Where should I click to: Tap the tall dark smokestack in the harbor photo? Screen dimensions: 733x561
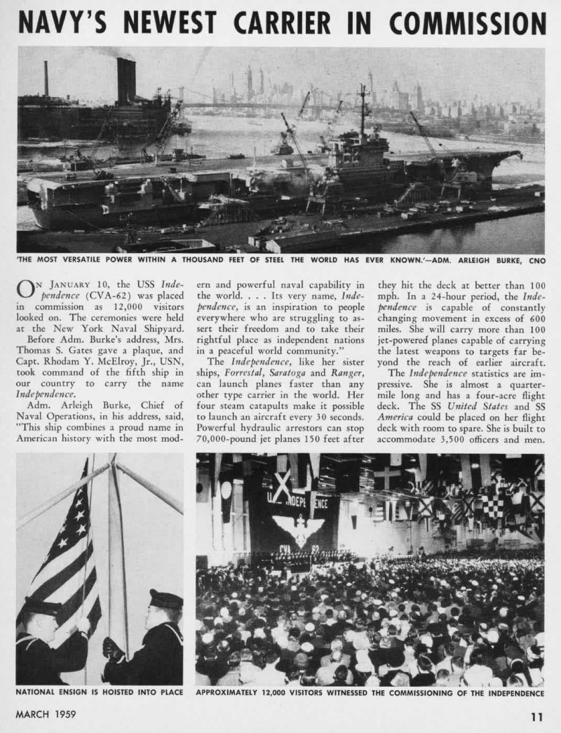[126, 81]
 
